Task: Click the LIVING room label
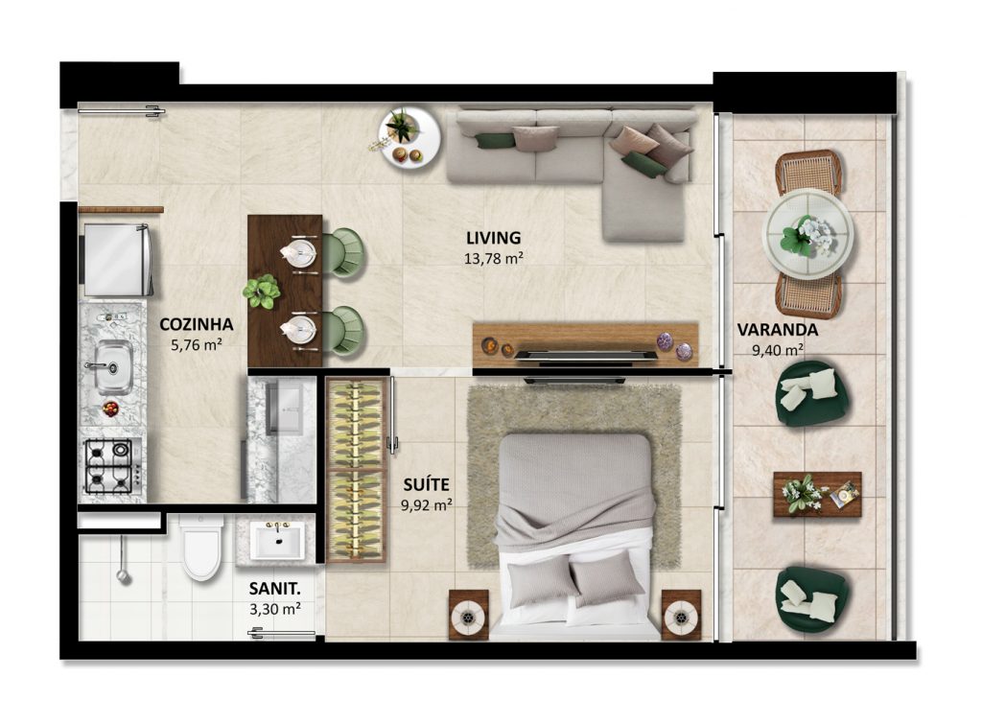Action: (x=493, y=238)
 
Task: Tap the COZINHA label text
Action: (x=196, y=324)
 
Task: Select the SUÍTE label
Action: (x=426, y=485)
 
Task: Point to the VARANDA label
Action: (x=777, y=330)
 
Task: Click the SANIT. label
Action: (x=274, y=589)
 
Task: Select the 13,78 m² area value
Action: (x=494, y=258)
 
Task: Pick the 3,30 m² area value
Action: (x=274, y=609)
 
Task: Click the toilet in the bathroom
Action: (x=200, y=547)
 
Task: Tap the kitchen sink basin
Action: (x=113, y=366)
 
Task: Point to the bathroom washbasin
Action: (x=277, y=541)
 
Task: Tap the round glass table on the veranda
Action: (x=807, y=234)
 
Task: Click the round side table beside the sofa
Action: (x=409, y=136)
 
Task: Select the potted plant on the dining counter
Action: (x=261, y=292)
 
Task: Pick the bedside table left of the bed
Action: (x=468, y=615)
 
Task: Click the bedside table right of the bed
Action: (x=682, y=615)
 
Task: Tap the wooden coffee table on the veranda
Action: (x=817, y=494)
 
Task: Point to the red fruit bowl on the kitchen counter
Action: (x=111, y=409)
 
